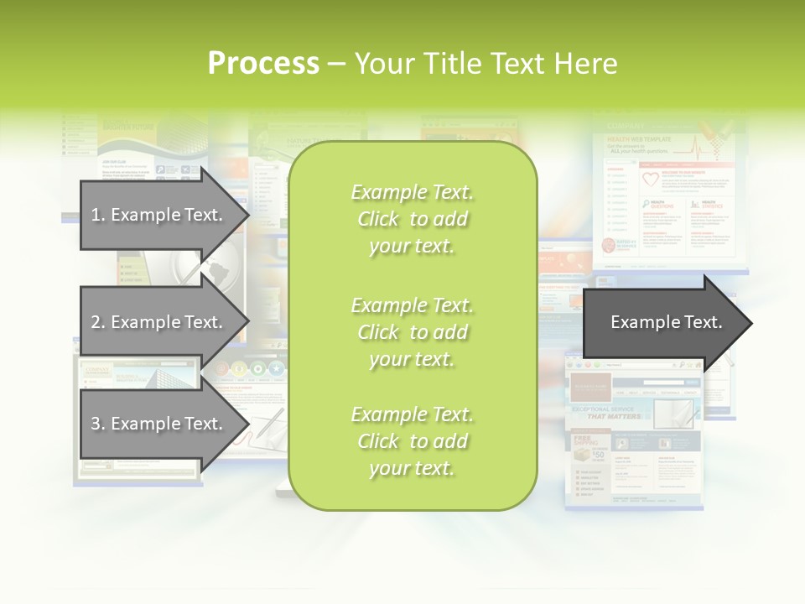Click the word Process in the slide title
point(263,64)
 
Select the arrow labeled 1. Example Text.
point(159,215)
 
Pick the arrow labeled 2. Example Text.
point(159,322)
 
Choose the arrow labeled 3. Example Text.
point(159,424)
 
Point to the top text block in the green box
point(412,219)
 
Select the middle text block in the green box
point(412,332)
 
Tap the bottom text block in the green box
point(412,441)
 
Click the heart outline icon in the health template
point(651,179)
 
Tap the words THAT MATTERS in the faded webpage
point(613,416)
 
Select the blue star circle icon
point(277,368)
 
